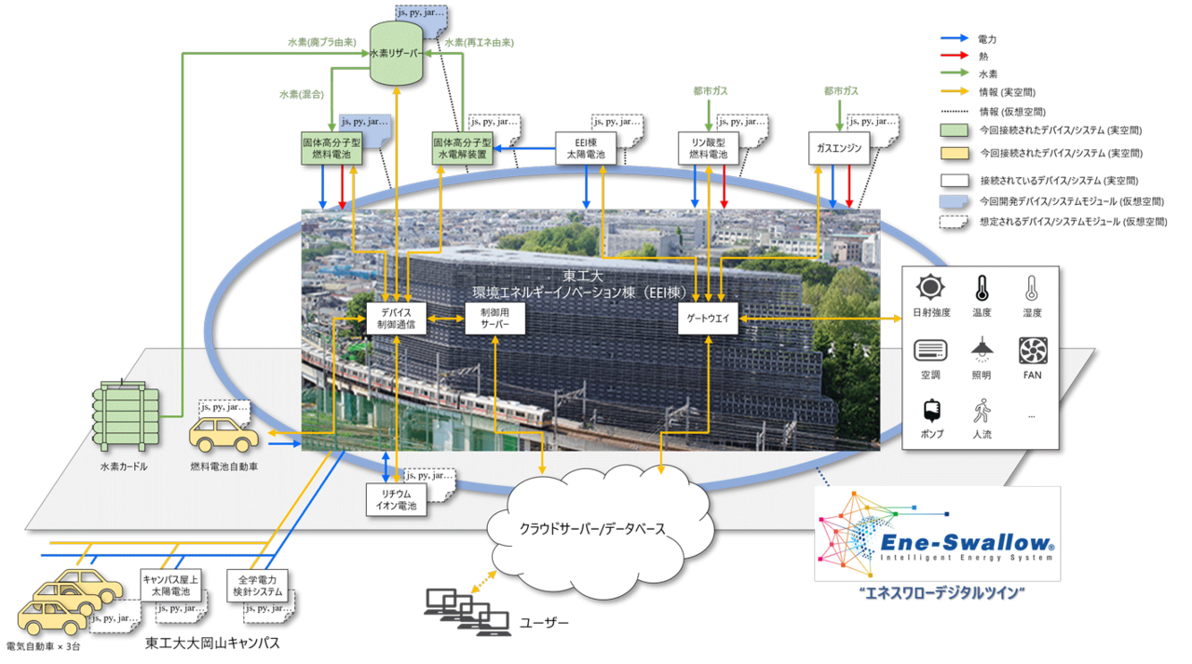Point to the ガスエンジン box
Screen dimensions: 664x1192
[837, 148]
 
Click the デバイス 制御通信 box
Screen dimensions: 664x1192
[397, 318]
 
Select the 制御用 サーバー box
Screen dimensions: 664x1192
[494, 318]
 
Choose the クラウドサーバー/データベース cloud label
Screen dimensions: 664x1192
[591, 528]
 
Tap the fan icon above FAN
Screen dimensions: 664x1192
[1032, 351]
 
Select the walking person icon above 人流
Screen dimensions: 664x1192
[981, 411]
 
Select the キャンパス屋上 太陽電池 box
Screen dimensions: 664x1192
[167, 585]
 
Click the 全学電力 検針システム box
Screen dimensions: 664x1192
[258, 585]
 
